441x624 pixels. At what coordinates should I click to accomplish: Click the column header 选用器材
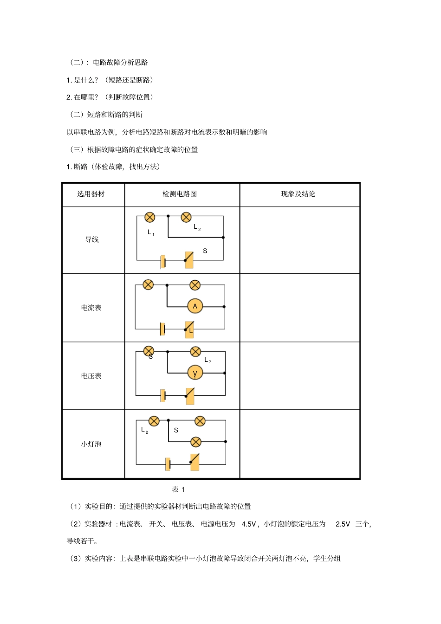91,194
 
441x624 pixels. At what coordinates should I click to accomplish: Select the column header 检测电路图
180,194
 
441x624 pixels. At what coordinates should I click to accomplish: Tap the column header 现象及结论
298,194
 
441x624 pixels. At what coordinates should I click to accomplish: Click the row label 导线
92,239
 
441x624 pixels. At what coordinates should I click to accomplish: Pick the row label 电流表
91,308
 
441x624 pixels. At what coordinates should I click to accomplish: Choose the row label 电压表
91,376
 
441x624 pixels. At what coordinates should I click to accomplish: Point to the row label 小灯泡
91,444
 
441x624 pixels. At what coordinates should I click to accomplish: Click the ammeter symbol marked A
195,306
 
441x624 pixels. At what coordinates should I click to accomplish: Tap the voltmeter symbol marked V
195,373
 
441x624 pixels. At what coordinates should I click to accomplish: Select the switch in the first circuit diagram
188,260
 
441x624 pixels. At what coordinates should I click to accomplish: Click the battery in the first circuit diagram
163,262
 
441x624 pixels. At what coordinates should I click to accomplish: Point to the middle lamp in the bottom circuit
196,442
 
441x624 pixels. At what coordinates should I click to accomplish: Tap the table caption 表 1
178,489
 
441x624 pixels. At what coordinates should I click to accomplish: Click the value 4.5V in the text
249,524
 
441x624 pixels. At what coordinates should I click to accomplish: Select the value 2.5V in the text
343,524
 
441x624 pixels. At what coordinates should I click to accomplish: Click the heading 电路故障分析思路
120,62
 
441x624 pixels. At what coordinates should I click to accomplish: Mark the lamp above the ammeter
195,285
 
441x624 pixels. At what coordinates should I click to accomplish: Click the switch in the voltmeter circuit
189,396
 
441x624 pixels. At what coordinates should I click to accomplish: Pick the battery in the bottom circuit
168,464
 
